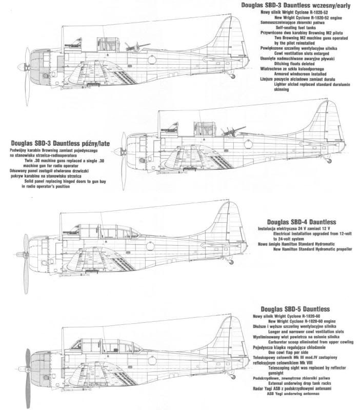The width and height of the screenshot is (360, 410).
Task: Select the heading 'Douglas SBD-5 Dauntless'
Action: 295,309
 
